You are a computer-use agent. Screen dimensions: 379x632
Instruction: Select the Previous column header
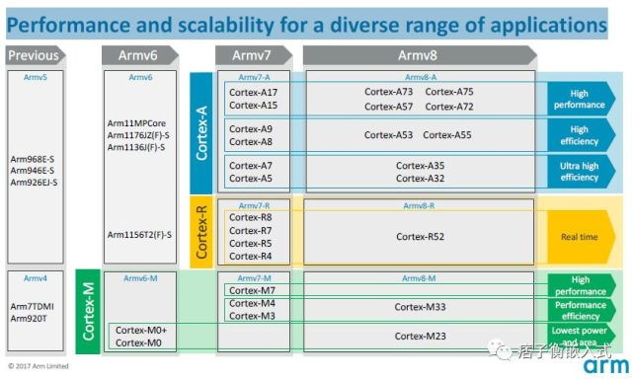(x=35, y=56)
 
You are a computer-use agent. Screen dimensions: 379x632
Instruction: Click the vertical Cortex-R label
(x=201, y=230)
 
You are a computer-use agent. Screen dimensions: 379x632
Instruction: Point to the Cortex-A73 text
(x=389, y=92)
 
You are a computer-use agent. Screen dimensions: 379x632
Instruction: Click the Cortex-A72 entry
(x=449, y=106)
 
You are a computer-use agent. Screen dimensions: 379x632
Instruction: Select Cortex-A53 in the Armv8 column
(x=388, y=135)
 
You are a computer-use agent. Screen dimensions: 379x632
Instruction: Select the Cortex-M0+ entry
(x=142, y=331)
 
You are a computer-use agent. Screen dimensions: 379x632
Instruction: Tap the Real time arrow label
(x=581, y=237)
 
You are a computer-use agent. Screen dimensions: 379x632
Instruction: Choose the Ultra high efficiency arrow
(x=581, y=172)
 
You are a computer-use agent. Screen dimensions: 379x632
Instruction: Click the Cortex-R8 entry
(x=251, y=217)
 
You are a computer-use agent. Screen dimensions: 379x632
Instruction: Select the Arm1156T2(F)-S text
(x=140, y=235)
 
